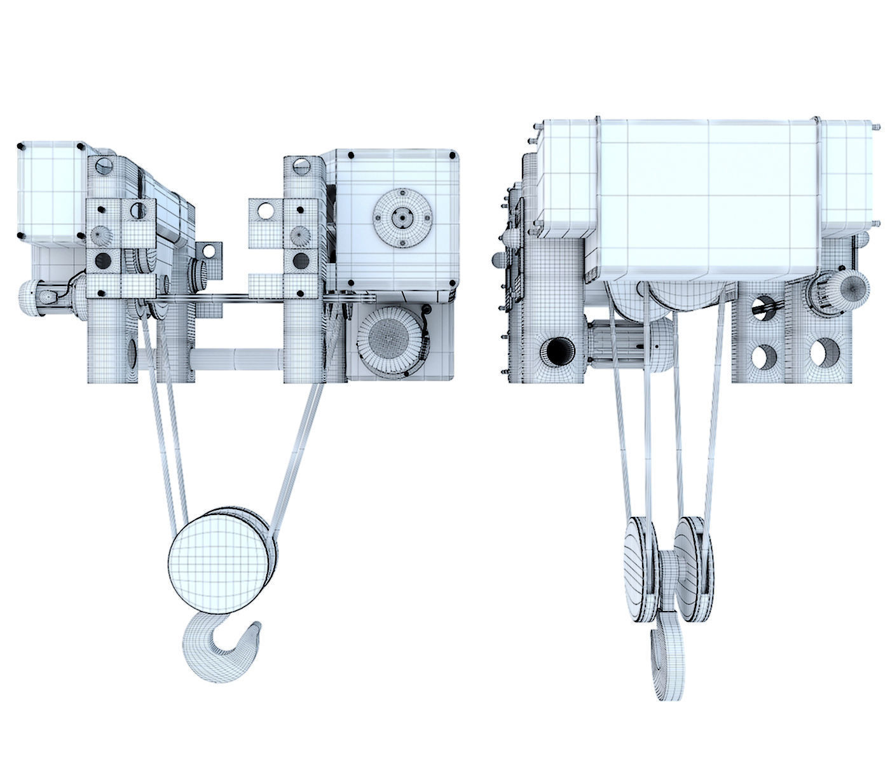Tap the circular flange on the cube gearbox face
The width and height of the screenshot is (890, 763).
coord(401,218)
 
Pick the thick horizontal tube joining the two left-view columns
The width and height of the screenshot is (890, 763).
coord(238,357)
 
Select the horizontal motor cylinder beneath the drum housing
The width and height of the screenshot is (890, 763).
coord(629,343)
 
